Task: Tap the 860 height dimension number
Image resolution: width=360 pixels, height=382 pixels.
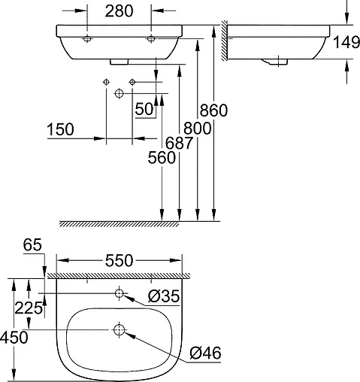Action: coord(213,110)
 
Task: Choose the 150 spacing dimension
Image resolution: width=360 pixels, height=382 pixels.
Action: coord(59,129)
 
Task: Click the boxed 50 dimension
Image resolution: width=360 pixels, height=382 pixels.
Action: coord(144,109)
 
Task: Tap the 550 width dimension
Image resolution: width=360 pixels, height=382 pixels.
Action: coord(119,261)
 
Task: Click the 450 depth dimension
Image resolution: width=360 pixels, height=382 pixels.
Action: coord(15,338)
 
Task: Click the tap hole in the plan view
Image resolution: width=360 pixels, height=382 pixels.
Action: coord(119,292)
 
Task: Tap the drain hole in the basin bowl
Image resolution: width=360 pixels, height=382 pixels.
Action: coord(119,329)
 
